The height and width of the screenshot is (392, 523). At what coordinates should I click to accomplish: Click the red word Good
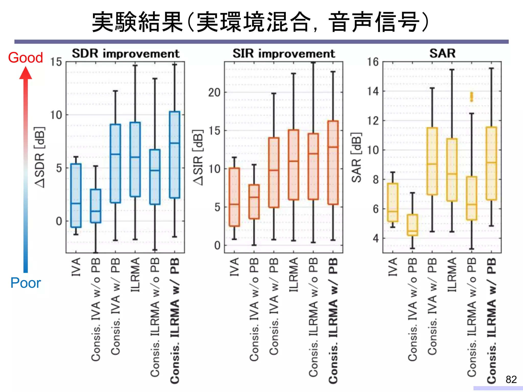[x=26, y=57]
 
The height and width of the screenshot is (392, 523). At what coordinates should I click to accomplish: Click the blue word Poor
[x=26, y=283]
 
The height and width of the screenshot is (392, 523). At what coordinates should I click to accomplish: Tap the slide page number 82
[x=511, y=379]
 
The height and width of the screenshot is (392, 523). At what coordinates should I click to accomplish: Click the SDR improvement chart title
[x=126, y=54]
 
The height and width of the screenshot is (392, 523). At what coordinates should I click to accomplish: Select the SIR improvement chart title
[x=283, y=54]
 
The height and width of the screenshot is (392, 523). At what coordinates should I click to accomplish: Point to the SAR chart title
[x=442, y=53]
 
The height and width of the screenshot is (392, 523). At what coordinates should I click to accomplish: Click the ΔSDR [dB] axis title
[x=40, y=157]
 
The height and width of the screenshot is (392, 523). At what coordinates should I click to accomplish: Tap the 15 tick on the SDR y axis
[x=56, y=62]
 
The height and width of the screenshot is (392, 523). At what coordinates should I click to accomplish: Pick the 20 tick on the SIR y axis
[x=214, y=92]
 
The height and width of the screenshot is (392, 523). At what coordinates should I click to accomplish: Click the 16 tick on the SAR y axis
[x=373, y=62]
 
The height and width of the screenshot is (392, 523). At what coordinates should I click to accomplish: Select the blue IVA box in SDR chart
[x=76, y=195]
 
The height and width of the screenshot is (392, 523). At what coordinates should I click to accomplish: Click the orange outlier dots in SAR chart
[x=471, y=97]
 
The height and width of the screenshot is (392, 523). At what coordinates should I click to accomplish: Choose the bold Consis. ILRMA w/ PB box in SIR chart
[x=333, y=163]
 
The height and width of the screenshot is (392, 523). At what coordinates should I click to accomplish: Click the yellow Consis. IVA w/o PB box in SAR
[x=412, y=225]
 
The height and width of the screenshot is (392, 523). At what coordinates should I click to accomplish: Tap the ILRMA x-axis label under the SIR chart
[x=293, y=275]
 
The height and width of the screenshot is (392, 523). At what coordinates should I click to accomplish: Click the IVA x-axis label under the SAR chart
[x=393, y=267]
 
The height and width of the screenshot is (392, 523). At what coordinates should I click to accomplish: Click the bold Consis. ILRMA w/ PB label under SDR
[x=175, y=321]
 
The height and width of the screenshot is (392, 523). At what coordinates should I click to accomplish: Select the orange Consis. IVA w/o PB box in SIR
[x=254, y=202]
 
